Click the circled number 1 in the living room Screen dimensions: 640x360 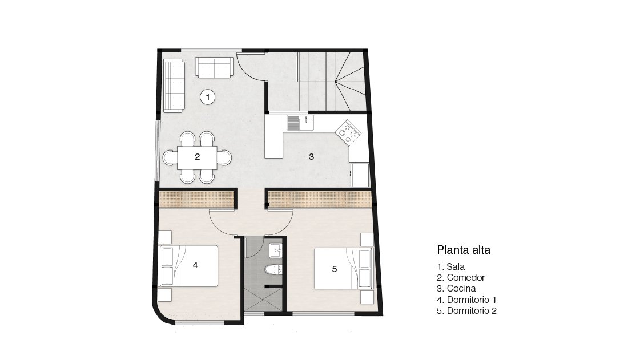tap(208, 98)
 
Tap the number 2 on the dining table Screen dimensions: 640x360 tap(197, 156)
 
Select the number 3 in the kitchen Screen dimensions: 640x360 tap(311, 156)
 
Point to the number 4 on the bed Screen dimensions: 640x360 tap(195, 265)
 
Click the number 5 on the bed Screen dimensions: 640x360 tap(335, 269)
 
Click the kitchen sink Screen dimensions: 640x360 tap(300, 122)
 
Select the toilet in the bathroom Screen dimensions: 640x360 tap(273, 269)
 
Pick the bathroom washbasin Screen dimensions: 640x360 tap(276, 250)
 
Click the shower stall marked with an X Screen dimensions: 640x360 tap(263, 300)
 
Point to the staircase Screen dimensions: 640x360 tap(331, 81)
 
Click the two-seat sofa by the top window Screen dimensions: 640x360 tap(214, 67)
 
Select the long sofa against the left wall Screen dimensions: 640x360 tap(174, 86)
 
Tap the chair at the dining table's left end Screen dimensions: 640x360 tap(170, 157)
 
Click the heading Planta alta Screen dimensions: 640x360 tap(464, 250)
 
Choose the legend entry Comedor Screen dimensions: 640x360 tap(461, 278)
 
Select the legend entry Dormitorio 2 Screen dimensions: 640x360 tap(466, 311)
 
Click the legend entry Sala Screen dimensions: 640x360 tap(450, 266)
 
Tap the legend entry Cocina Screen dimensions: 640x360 tap(456, 289)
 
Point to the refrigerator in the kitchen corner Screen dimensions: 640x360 tap(360, 175)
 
